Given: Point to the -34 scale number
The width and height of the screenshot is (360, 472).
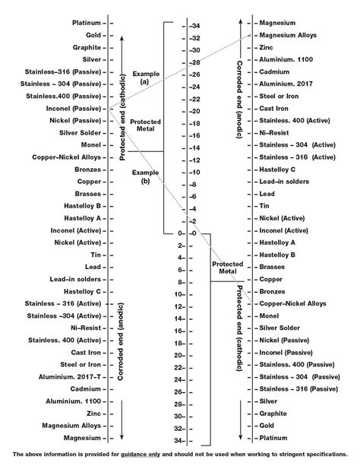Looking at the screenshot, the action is (x=195, y=26).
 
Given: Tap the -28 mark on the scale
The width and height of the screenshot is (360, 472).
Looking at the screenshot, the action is (x=195, y=62).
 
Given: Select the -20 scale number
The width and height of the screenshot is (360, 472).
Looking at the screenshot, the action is (x=195, y=111).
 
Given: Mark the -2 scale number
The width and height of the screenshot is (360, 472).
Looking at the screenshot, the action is (x=195, y=220).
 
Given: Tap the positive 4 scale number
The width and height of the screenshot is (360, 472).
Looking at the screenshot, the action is (x=182, y=258).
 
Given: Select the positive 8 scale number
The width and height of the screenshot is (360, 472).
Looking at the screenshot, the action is (x=182, y=282).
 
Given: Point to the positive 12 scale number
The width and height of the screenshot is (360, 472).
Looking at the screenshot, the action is (x=180, y=306).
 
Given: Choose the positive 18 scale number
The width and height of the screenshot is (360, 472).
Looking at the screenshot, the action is (x=180, y=343).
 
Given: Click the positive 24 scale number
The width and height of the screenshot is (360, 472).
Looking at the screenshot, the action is (x=180, y=379).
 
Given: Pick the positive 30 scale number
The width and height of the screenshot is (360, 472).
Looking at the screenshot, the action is (x=180, y=416).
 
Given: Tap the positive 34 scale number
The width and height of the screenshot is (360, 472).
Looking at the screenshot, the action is (x=180, y=440).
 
